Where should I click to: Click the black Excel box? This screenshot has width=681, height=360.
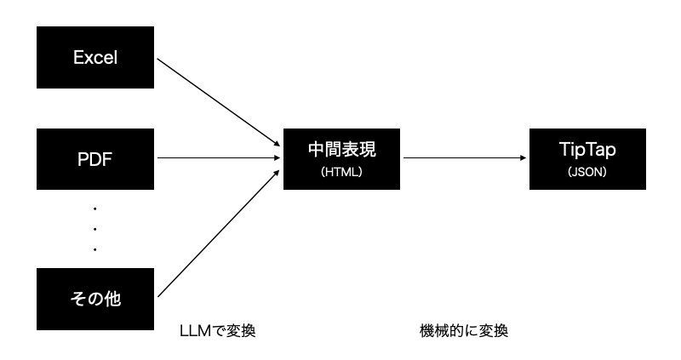coord(95,58)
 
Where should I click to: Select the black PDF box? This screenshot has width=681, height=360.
coord(95,158)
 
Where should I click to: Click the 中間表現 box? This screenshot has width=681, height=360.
coord(341,158)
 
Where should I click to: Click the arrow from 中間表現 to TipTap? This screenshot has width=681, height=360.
coord(464,158)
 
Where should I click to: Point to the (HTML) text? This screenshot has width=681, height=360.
coord(341,171)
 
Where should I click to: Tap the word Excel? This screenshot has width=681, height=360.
coord(95,58)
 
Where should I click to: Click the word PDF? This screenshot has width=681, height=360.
coord(95,158)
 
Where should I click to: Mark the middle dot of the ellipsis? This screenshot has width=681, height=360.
coord(95,228)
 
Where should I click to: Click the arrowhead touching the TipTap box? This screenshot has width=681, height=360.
coord(523,158)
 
